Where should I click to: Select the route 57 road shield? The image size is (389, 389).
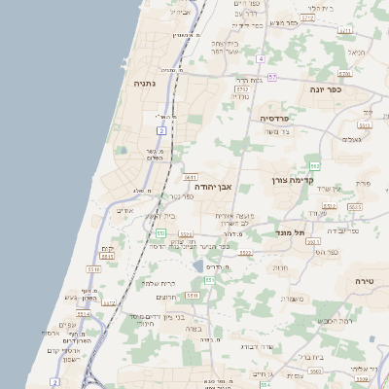click(273, 76)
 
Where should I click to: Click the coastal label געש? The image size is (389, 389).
click(71, 298)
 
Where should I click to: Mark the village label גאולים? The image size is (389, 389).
click(352, 139)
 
